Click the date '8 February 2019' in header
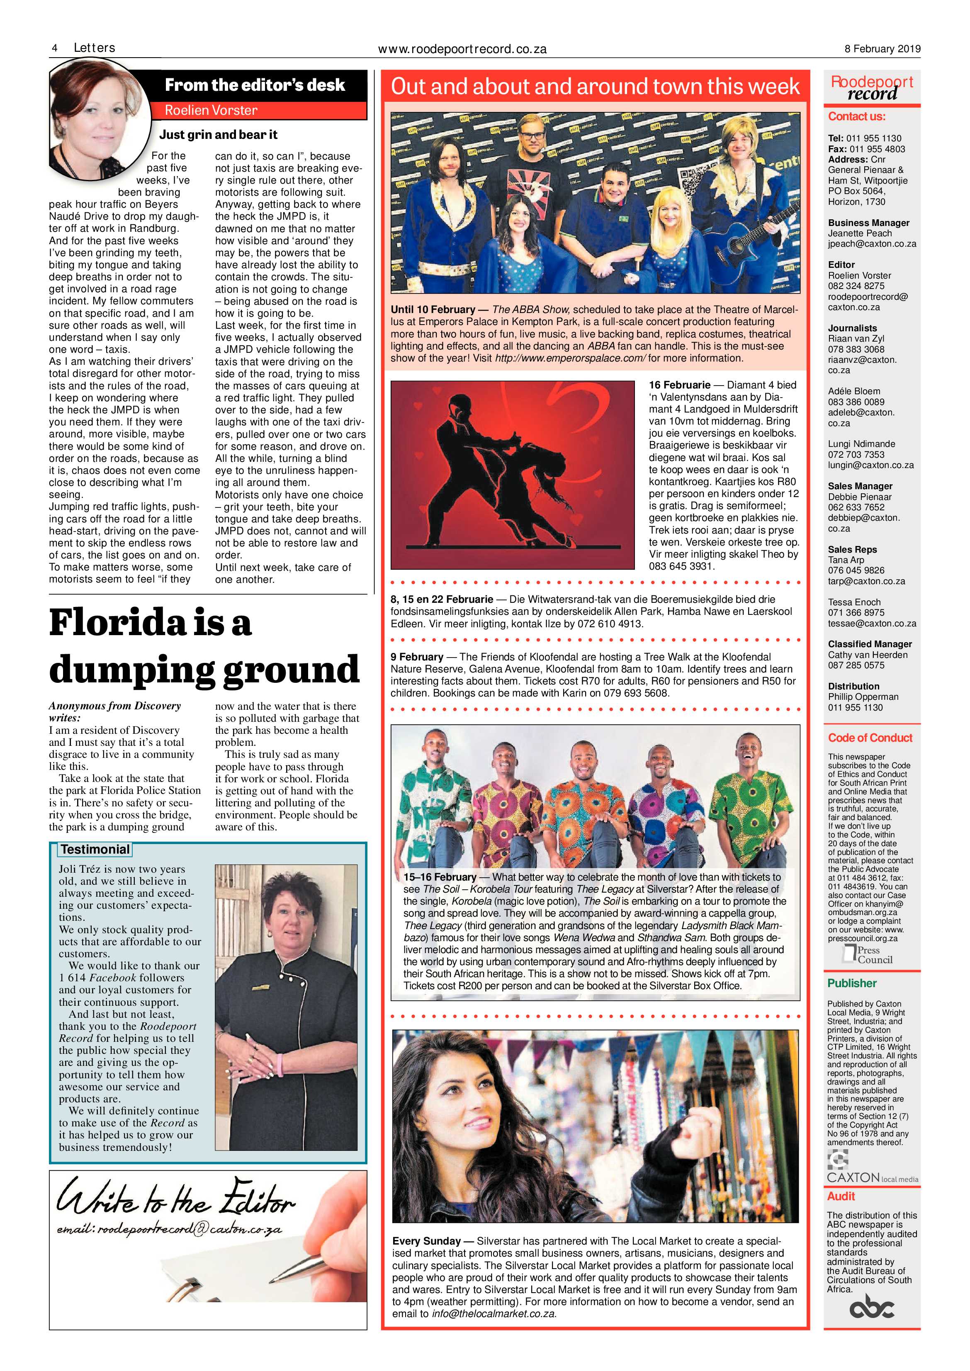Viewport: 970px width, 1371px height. coord(882,49)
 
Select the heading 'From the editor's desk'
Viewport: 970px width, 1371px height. coord(255,85)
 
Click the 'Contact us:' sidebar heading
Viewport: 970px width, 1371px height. coord(856,116)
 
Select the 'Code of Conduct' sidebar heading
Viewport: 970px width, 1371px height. coord(870,738)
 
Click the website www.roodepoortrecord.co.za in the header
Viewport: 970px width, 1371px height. coord(462,50)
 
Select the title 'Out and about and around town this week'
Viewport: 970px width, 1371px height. coord(595,87)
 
